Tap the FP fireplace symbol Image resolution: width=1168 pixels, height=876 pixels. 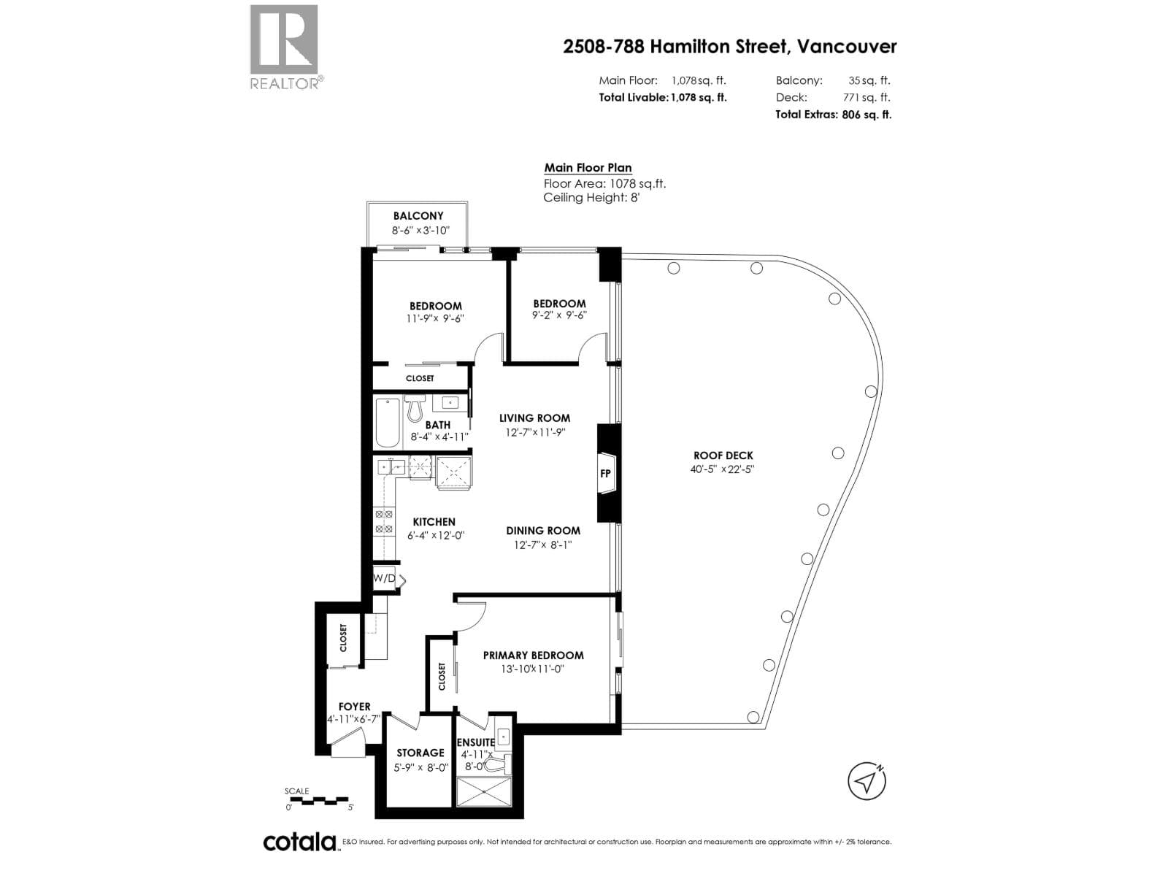[x=606, y=473]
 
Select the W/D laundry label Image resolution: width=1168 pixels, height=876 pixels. [x=384, y=577]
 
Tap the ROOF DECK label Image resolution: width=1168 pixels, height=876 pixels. [x=723, y=456]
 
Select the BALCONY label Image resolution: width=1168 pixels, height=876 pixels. [x=418, y=215]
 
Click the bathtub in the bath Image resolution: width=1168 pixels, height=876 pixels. [x=387, y=423]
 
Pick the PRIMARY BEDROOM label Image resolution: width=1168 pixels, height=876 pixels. [x=533, y=656]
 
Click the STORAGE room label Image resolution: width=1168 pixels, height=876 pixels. [x=420, y=753]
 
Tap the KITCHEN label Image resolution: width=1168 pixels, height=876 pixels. [x=434, y=522]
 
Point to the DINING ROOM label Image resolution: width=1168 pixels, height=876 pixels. [x=543, y=530]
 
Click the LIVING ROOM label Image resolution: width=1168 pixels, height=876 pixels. [x=535, y=418]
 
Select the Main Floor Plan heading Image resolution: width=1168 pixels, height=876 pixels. [x=588, y=168]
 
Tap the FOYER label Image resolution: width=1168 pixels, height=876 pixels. [x=354, y=707]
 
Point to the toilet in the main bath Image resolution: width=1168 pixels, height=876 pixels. [x=415, y=407]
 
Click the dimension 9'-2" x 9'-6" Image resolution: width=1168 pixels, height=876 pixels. [x=559, y=315]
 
